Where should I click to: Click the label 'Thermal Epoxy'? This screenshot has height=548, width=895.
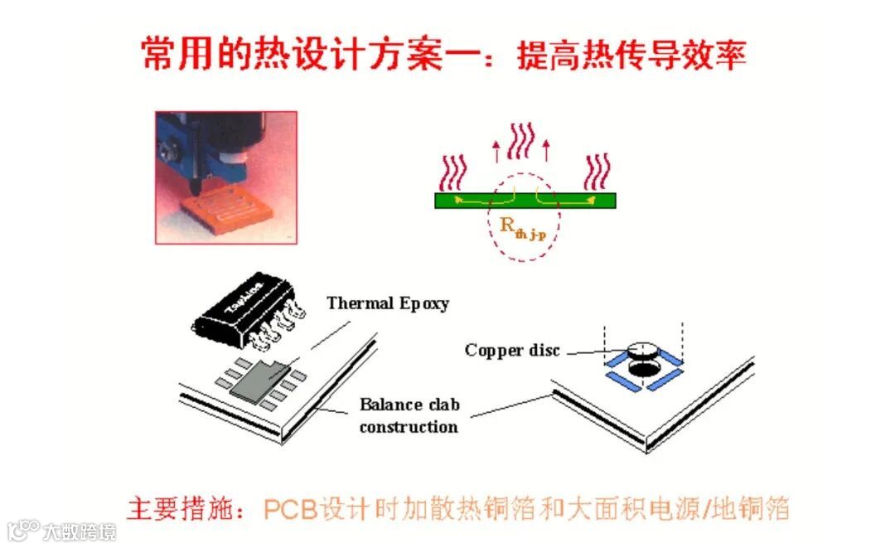click(x=388, y=303)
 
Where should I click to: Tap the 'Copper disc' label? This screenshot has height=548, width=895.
click(x=512, y=350)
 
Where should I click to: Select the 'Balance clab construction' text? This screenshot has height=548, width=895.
click(x=409, y=416)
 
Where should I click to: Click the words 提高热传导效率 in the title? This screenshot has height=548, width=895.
click(x=631, y=55)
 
